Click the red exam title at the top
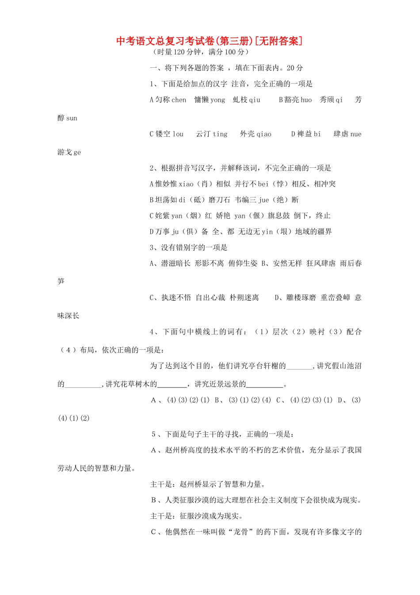pos(210,41)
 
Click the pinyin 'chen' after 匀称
pos(179,100)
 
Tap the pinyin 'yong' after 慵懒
pos(218,100)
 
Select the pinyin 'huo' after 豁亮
pos(306,100)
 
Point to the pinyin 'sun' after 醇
pos(72,118)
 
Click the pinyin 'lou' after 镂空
pos(178,134)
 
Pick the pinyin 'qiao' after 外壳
pos(264,134)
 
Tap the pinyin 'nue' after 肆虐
pos(355,134)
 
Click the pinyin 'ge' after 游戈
pos(77,152)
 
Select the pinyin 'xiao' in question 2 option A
pos(186,184)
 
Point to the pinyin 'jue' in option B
pos(263,200)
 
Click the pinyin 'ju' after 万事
pos(175,232)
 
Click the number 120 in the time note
pos(179,52)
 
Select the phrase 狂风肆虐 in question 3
pos(321,263)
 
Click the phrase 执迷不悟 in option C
pos(176,297)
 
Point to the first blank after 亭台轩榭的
pos(299,366)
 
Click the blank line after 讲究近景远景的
pos(264,384)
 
